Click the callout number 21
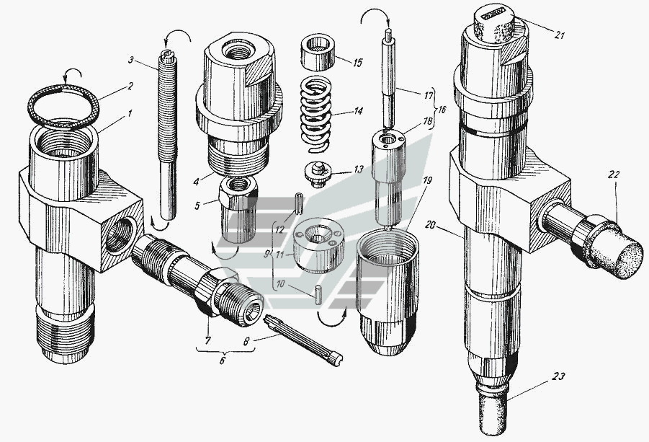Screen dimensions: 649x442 (559, 35)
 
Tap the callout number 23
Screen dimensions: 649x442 (558, 376)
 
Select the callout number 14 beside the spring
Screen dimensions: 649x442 (359, 111)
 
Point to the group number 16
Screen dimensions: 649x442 (442, 110)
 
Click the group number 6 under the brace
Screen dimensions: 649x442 (223, 361)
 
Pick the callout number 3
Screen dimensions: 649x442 (131, 60)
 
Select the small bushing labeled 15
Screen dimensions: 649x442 (318, 51)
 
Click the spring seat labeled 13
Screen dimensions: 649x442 (318, 174)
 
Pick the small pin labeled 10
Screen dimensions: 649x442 (318, 294)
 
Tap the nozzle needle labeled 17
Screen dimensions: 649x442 (389, 78)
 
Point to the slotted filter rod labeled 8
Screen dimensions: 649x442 (304, 340)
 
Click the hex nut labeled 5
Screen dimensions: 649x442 (237, 209)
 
